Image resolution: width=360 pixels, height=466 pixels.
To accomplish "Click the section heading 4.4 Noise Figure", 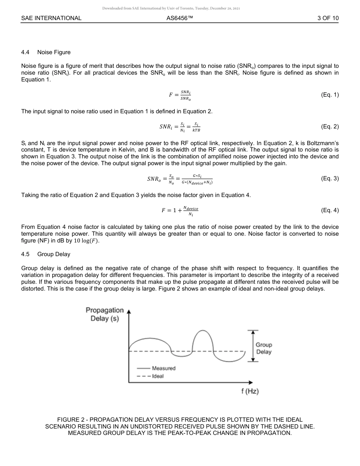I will click(46, 52).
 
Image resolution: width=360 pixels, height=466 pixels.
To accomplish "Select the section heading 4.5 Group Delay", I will click(46, 254).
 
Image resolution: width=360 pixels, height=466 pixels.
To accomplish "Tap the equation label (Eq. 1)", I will click(329, 95).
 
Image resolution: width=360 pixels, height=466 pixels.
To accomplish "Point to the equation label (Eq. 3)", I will click(329, 178).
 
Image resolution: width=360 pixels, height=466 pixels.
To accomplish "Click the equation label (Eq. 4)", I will click(329, 210).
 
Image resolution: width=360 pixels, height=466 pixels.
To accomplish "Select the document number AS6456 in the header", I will click(180, 18).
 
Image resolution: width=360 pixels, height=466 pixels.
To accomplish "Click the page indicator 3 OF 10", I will click(328, 18).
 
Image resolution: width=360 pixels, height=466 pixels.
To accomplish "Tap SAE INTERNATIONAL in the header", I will click(51, 18).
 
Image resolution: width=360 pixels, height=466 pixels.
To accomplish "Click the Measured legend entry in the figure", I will click(163, 368).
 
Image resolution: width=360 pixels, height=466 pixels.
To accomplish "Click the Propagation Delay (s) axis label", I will click(105, 314).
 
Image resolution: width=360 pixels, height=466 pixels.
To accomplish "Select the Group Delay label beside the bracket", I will click(264, 348).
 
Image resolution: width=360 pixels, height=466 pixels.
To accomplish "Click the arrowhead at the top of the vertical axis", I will click(129, 312).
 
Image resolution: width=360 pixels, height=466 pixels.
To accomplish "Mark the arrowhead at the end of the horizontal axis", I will click(250, 382).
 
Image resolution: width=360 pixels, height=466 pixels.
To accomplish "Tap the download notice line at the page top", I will click(171, 8).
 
